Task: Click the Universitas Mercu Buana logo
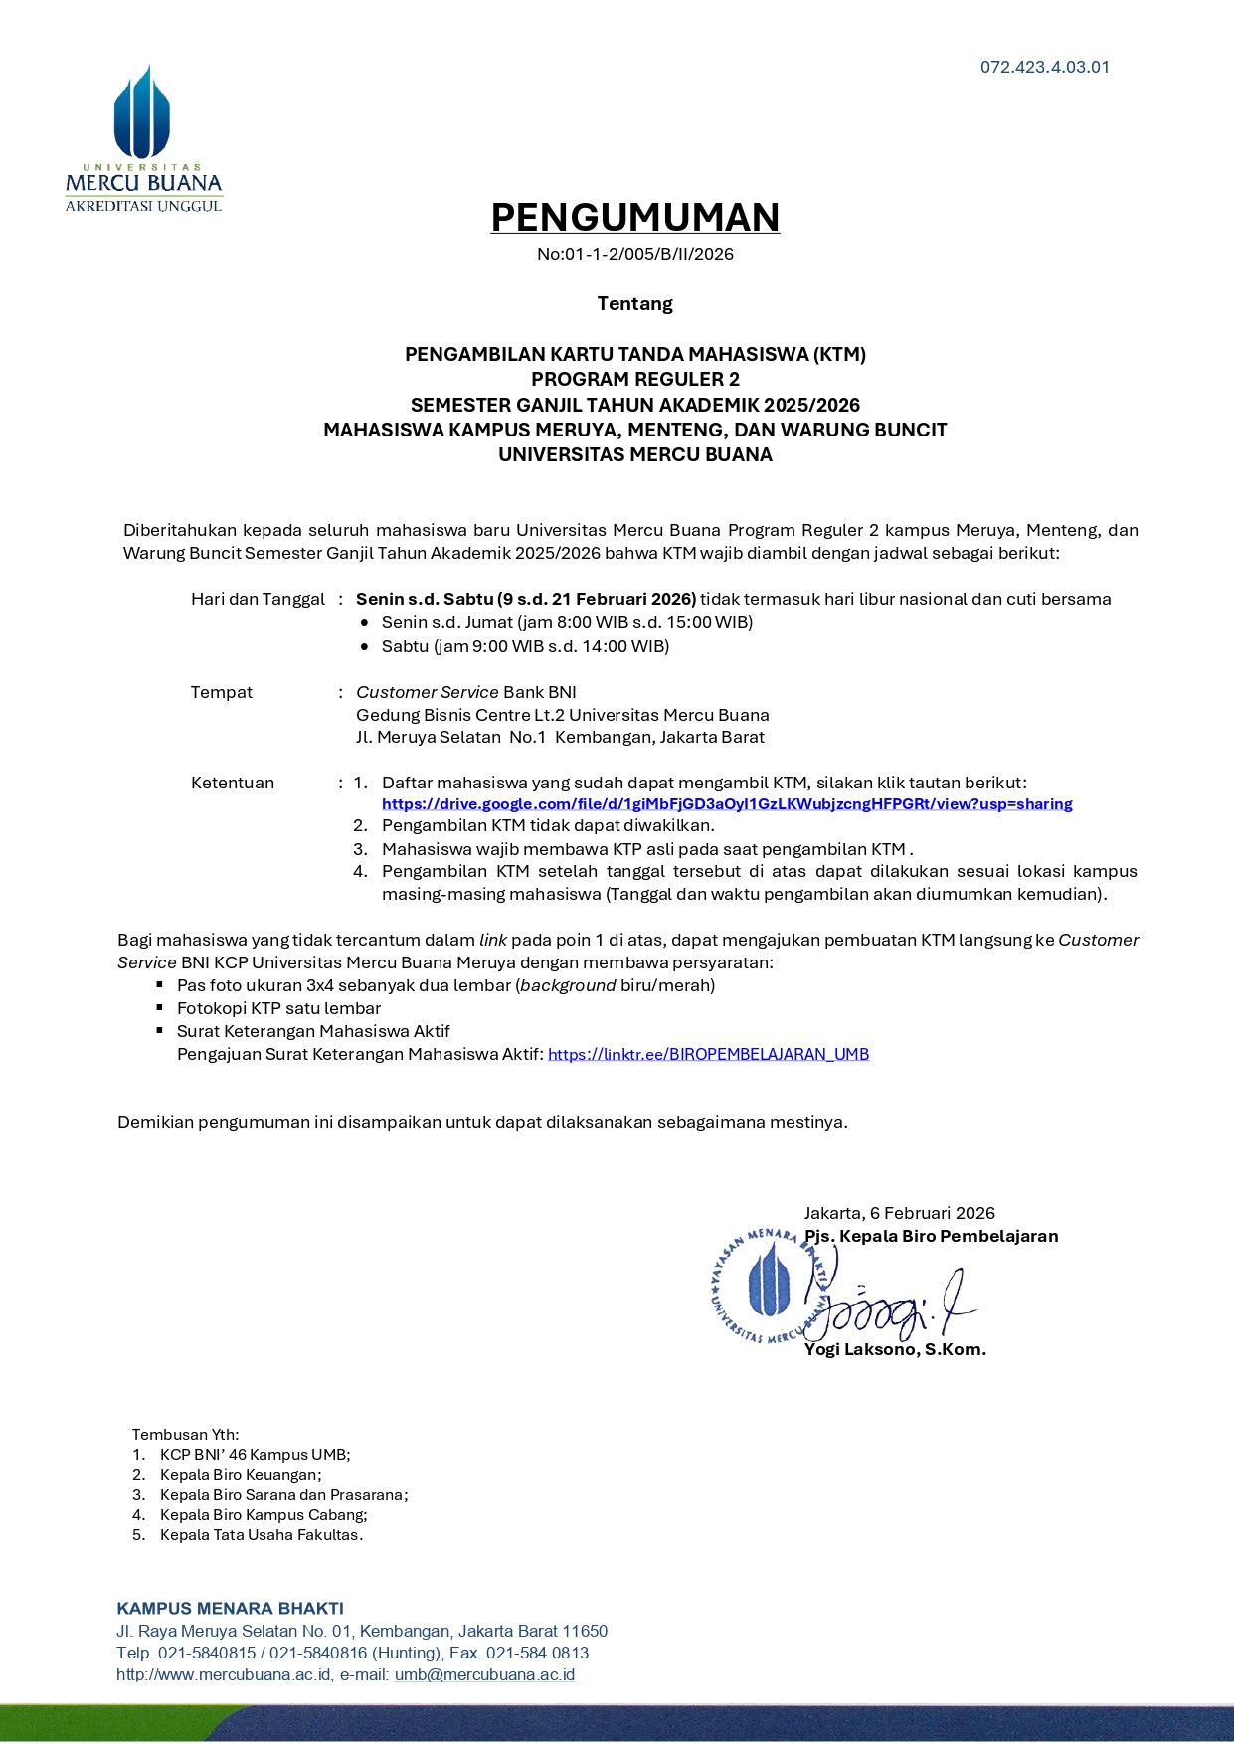point(143,139)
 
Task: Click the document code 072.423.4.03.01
point(1044,68)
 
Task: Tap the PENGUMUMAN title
point(634,217)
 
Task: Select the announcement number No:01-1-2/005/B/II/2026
point(634,254)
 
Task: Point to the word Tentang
point(634,304)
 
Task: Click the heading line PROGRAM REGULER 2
point(634,379)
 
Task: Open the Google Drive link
point(727,804)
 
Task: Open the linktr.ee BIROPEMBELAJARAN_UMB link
point(708,1054)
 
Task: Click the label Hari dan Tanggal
point(258,599)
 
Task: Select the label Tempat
point(222,692)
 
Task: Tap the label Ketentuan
point(233,783)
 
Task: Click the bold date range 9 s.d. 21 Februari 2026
point(600,599)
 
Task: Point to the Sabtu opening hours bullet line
point(525,646)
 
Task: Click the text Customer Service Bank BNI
point(465,692)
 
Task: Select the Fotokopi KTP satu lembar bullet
point(278,1008)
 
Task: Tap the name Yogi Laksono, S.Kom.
point(895,1349)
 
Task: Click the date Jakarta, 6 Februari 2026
point(899,1213)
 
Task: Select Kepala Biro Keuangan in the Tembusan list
point(241,1475)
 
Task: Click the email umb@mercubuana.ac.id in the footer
point(484,1674)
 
